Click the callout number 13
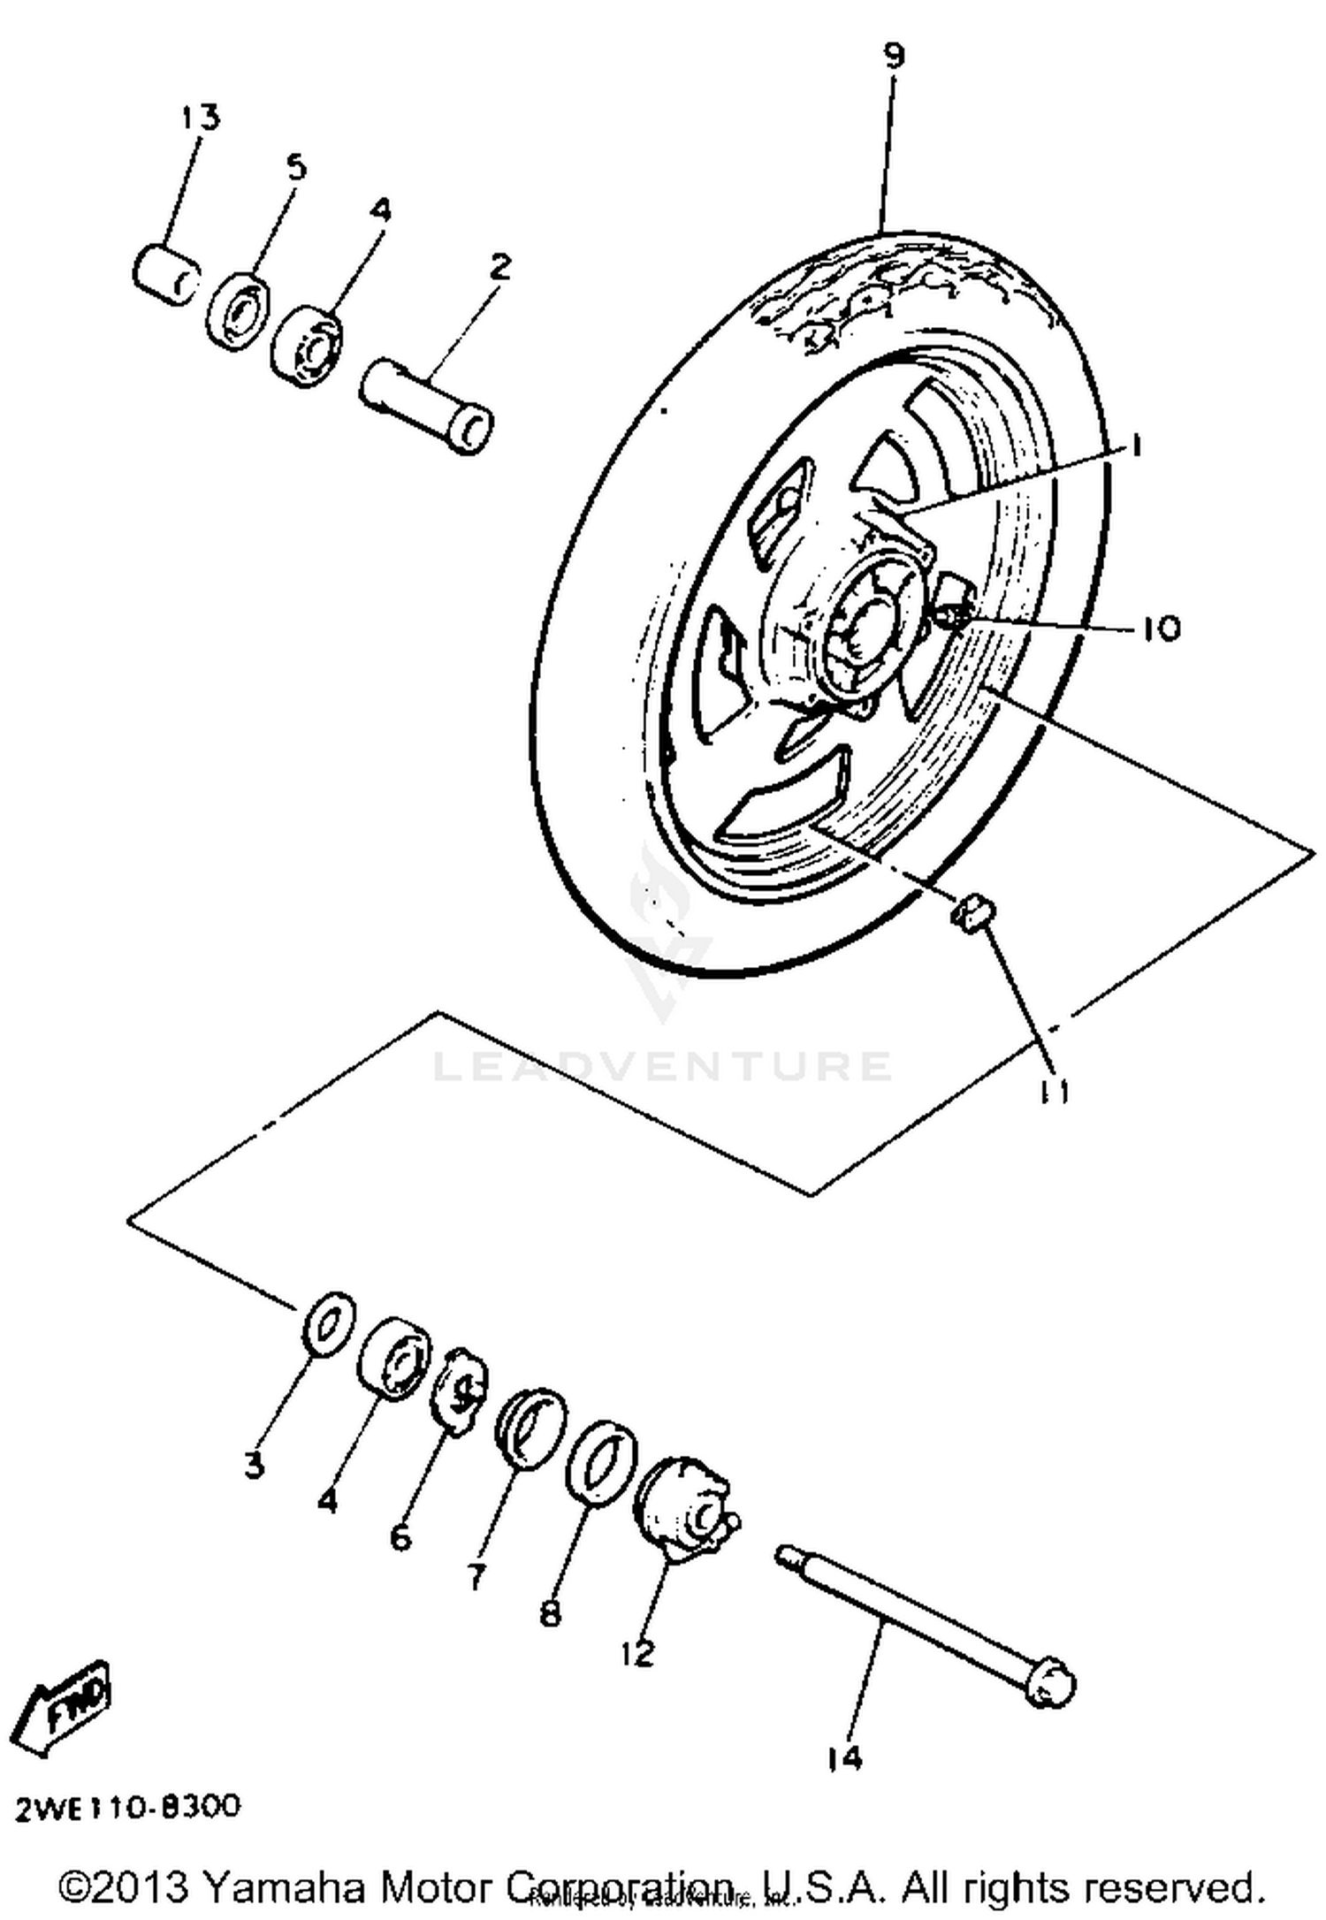(201, 117)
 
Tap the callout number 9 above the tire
(894, 57)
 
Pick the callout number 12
(636, 1653)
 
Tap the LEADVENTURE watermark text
(661, 1066)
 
